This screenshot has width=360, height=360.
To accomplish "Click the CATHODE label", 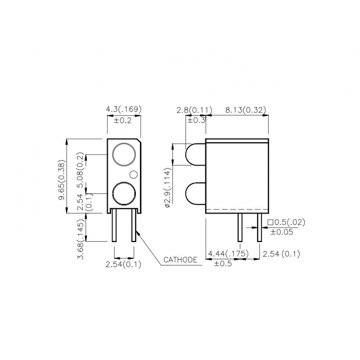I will point(180,260).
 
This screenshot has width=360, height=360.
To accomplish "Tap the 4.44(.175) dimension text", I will point(228,254).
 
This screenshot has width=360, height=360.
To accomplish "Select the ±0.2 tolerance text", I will point(122,120).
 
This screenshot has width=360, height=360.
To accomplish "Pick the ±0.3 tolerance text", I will point(196,120).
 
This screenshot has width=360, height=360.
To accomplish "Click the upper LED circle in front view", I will point(124,154).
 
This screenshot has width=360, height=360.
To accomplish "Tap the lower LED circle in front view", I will point(124,194).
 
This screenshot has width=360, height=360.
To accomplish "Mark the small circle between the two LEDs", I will point(133,174).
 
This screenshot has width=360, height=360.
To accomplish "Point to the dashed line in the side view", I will point(237,210).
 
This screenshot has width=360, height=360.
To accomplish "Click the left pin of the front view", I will point(114,225).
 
